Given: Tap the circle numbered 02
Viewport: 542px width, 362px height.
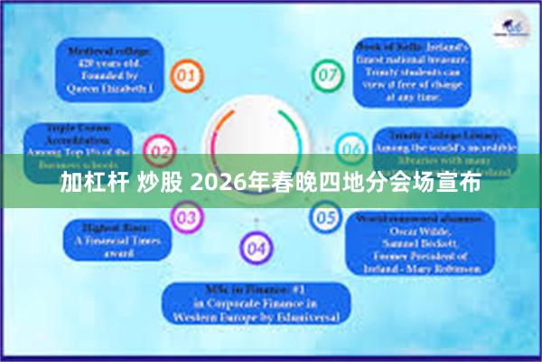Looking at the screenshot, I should point(160,148).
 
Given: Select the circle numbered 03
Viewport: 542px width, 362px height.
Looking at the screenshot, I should point(186,217).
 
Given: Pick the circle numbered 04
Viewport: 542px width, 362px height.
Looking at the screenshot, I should point(256,247).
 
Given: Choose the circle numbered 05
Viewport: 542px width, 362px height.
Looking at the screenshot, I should point(325,217).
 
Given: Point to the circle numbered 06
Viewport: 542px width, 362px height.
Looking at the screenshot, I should point(350,148).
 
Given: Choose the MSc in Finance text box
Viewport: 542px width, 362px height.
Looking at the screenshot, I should point(257,303).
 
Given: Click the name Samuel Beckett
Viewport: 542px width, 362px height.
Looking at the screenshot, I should point(418,243).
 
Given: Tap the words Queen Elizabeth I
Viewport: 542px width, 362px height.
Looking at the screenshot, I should point(109,90).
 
